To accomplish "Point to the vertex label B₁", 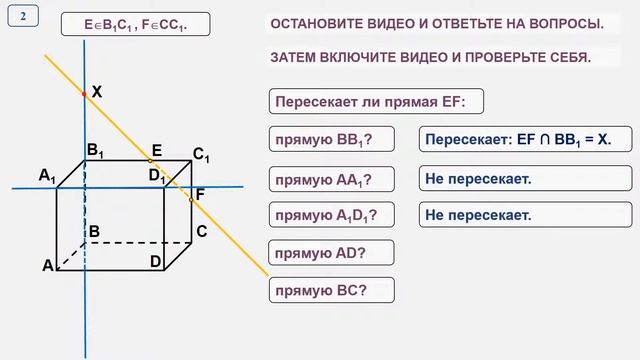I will pyautogui.click(x=96, y=151).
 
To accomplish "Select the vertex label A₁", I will pyautogui.click(x=47, y=176).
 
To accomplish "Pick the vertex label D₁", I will pyautogui.click(x=156, y=176).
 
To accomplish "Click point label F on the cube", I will pyautogui.click(x=200, y=194).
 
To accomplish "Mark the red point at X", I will pyautogui.click(x=84, y=93).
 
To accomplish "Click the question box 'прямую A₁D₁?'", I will pyautogui.click(x=331, y=214).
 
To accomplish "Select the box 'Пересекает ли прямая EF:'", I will pyautogui.click(x=376, y=102).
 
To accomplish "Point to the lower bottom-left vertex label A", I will pyautogui.click(x=47, y=266).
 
